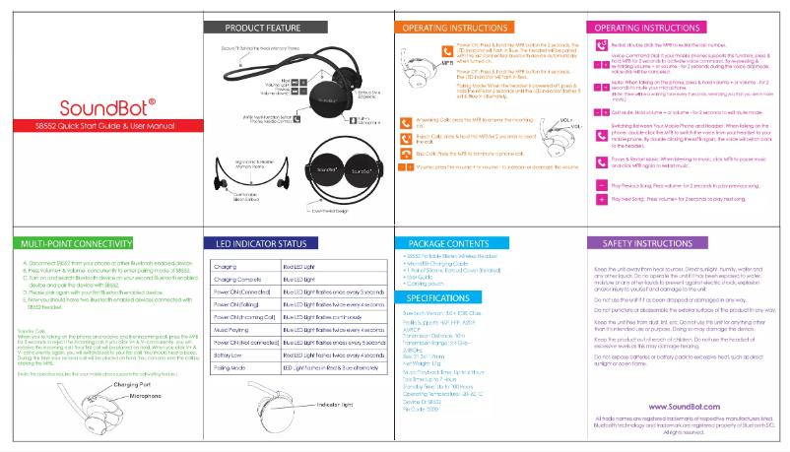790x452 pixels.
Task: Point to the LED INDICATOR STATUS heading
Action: (x=258, y=242)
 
